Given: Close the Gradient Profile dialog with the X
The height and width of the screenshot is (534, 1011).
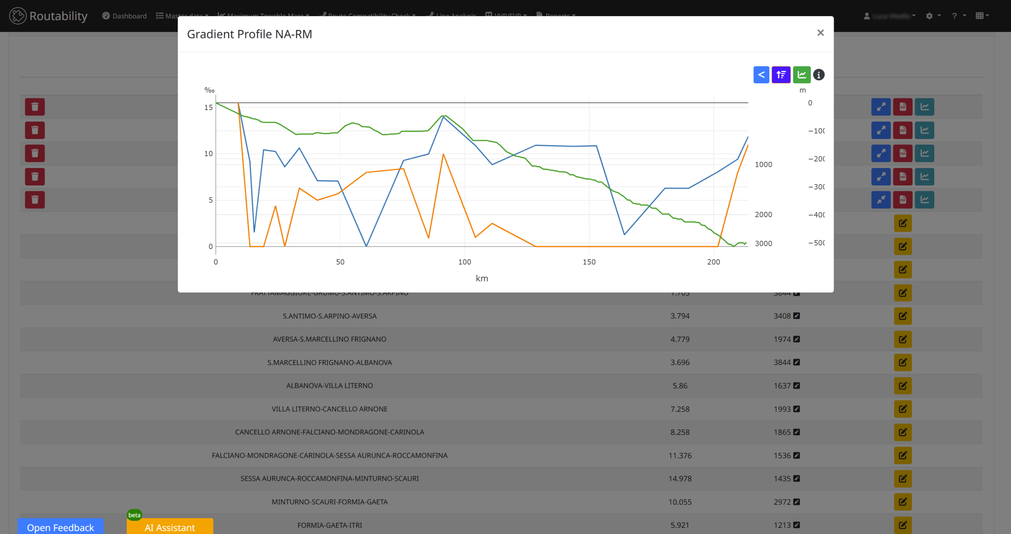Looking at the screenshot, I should pyautogui.click(x=820, y=33).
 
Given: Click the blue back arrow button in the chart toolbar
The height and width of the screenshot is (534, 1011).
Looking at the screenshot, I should pyautogui.click(x=761, y=75).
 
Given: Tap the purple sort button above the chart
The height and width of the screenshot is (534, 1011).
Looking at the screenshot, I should pyautogui.click(x=781, y=75).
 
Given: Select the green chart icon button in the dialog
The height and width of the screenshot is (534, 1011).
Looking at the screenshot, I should pyautogui.click(x=801, y=75).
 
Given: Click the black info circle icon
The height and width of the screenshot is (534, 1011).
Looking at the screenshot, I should pyautogui.click(x=819, y=75).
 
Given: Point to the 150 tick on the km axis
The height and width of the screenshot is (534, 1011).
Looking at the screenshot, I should pyautogui.click(x=589, y=262).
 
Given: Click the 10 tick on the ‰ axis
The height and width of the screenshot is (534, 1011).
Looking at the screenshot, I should pyautogui.click(x=209, y=154).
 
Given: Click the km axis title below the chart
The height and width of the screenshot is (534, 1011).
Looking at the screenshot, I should pyautogui.click(x=482, y=278).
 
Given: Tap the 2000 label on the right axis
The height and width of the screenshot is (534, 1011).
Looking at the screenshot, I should pyautogui.click(x=763, y=215).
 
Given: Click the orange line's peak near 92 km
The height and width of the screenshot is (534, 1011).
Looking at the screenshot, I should pyautogui.click(x=443, y=154).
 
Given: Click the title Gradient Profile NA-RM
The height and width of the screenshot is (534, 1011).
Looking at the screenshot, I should pyautogui.click(x=249, y=34).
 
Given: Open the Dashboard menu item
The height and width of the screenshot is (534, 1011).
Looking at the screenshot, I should pyautogui.click(x=124, y=16).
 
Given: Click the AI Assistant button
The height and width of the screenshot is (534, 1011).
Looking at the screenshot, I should pyautogui.click(x=170, y=527).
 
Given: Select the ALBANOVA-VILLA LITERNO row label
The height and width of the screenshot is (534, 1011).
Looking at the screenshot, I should pyautogui.click(x=329, y=386).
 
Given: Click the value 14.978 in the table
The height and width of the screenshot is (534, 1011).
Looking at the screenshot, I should pyautogui.click(x=680, y=479).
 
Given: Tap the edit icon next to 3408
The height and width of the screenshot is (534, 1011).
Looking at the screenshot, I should pyautogui.click(x=797, y=316).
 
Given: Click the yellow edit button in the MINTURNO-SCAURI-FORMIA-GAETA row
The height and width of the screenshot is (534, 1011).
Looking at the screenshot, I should pyautogui.click(x=902, y=502).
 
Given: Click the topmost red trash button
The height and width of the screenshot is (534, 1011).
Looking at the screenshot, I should pyautogui.click(x=35, y=107).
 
